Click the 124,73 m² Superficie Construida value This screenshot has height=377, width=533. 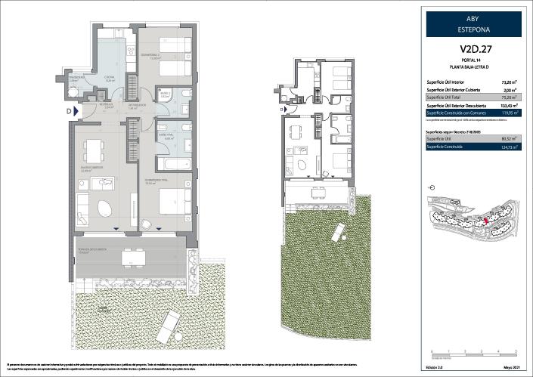pos(510,148)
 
